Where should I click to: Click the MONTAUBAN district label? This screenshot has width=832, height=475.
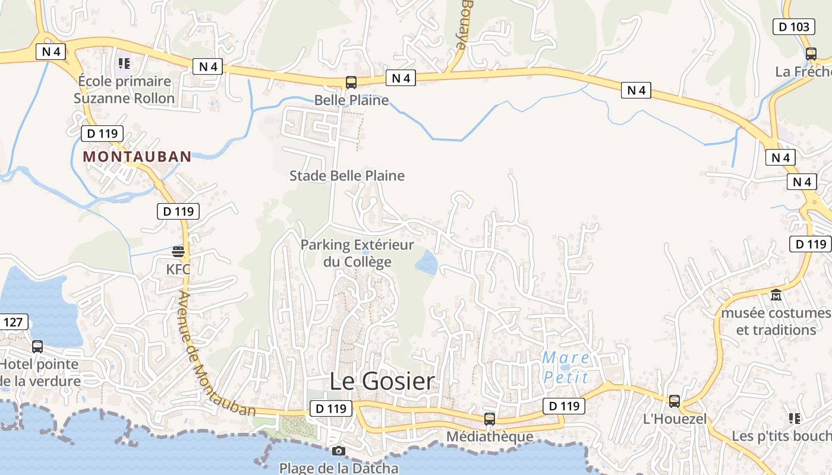point(137,157)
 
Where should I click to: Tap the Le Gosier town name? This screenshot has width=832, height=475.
point(382,381)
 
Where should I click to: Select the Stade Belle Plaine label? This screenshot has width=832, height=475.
point(347,176)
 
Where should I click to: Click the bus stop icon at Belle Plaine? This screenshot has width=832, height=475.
point(351,83)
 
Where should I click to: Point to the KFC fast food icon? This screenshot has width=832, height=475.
point(178,252)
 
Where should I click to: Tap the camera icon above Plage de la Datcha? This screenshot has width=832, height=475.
point(339,451)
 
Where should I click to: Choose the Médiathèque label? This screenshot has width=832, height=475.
point(490,436)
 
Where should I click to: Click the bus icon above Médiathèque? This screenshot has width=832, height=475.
point(490,419)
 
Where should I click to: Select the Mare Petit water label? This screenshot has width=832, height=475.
point(566,368)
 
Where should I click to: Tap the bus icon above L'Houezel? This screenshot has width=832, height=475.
point(675,401)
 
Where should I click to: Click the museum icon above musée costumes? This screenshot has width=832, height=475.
point(776,294)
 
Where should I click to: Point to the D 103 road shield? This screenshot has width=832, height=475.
point(793,27)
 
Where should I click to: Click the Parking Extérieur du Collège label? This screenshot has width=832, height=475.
point(357,253)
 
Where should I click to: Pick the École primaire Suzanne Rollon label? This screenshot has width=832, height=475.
point(124,90)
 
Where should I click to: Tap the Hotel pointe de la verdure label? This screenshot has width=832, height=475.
point(39,372)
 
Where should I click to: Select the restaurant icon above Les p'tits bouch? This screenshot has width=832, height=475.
point(795,419)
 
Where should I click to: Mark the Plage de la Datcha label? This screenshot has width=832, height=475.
point(339,468)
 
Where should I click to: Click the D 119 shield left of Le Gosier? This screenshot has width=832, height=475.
point(330,408)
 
